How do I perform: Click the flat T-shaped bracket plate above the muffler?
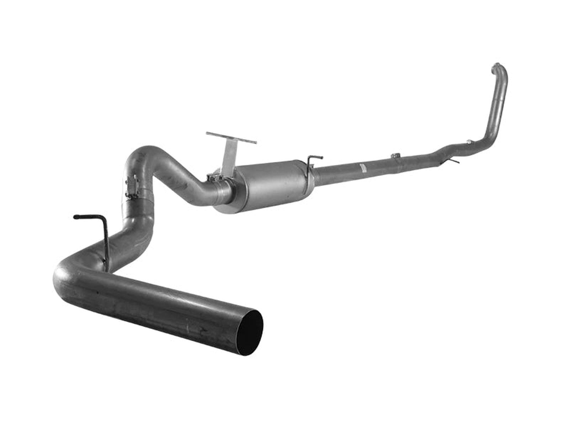click(x=231, y=138)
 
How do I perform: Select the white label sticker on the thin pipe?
click(x=362, y=168)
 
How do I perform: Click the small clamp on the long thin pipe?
click(x=395, y=156)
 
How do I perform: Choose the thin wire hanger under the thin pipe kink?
click(x=450, y=162)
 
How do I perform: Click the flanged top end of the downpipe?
click(x=496, y=67)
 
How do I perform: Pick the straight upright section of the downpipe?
click(x=500, y=103)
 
